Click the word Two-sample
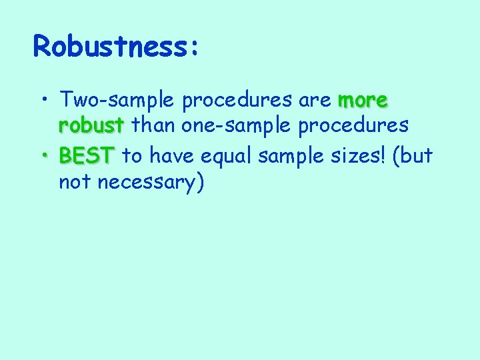pyautogui.click(x=117, y=101)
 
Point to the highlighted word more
pyautogui.click(x=363, y=101)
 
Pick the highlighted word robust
pyautogui.click(x=91, y=125)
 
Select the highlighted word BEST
pyautogui.click(x=87, y=156)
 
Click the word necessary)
pyautogui.click(x=150, y=181)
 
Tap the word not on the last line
pyautogui.click(x=75, y=181)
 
